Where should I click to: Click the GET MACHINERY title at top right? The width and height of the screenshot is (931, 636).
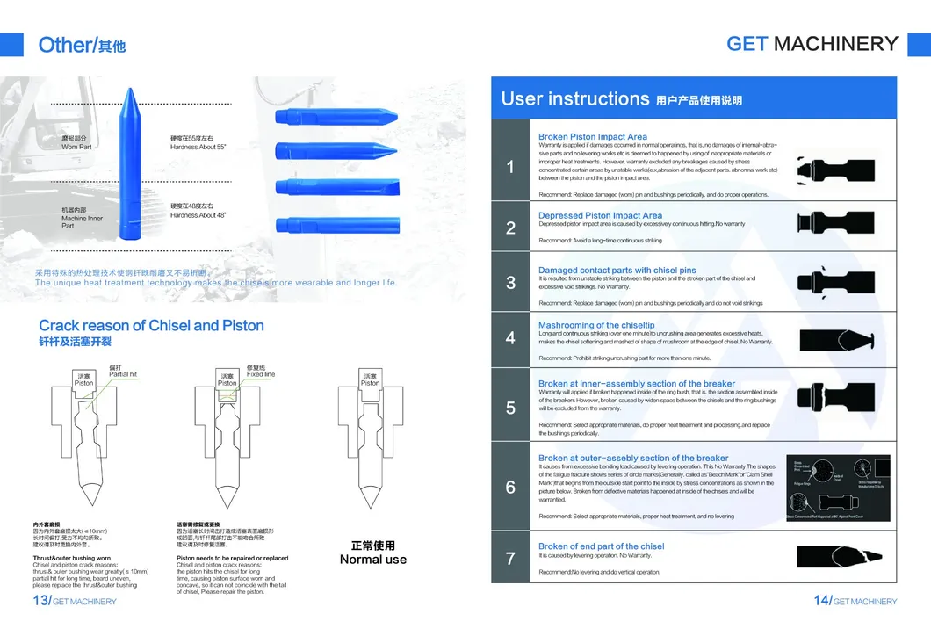[x=812, y=44]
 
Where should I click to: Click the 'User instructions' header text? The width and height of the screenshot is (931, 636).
[x=574, y=98]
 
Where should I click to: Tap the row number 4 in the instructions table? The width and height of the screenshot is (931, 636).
[x=510, y=338]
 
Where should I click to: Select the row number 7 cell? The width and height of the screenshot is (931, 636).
[x=510, y=558]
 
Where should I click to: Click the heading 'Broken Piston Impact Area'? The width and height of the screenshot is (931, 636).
[x=592, y=137]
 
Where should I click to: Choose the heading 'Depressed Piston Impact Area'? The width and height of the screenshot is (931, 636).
[x=600, y=215]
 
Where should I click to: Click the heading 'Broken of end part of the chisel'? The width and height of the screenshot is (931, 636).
[x=601, y=546]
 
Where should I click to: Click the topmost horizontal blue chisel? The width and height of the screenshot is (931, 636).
[x=336, y=115]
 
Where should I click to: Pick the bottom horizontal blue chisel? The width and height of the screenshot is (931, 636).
[x=336, y=221]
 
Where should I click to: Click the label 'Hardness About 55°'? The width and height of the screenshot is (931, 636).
[x=198, y=147]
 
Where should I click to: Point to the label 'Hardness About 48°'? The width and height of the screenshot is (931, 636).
[x=198, y=215]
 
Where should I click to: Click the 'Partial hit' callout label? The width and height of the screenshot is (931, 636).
[x=123, y=374]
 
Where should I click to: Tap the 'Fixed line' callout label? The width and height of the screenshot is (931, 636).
[x=261, y=374]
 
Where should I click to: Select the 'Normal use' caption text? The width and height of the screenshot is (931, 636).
[x=372, y=560]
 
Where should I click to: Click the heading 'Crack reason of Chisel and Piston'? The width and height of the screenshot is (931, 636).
[x=151, y=326]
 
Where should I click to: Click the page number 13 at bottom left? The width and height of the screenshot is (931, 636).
[x=40, y=600]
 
